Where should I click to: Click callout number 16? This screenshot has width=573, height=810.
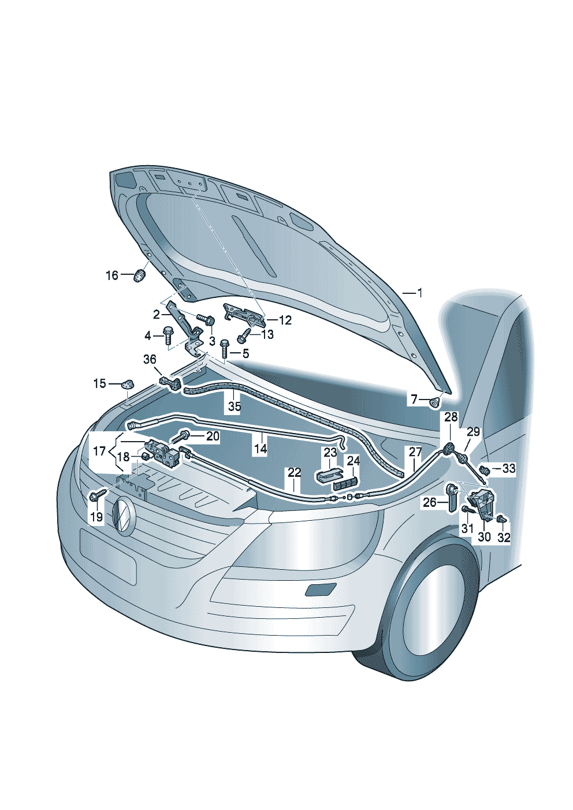pyautogui.click(x=112, y=275)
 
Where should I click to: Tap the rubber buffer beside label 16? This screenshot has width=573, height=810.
pyautogui.click(x=140, y=275)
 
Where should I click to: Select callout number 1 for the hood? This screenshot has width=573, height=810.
pyautogui.click(x=419, y=293)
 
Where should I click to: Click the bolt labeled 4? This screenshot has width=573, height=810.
pyautogui.click(x=168, y=335)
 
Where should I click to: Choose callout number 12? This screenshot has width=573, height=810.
pyautogui.click(x=285, y=320)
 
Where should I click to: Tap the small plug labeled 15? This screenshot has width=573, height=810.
pyautogui.click(x=126, y=384)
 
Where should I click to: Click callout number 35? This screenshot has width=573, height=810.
pyautogui.click(x=235, y=406)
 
